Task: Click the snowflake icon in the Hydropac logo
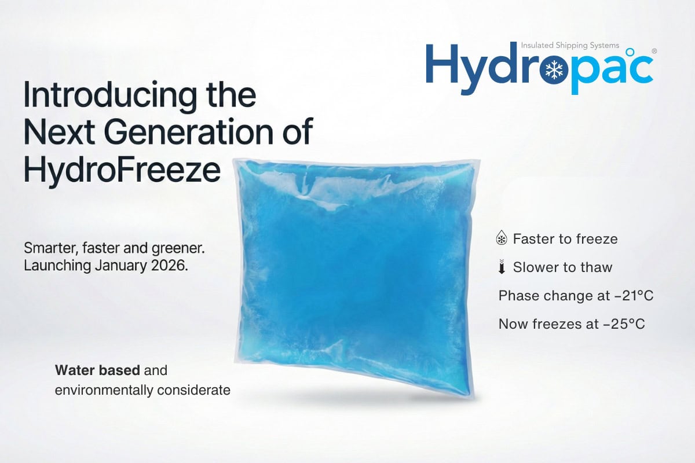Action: click(x=555, y=69)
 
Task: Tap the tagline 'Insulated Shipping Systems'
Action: click(x=570, y=45)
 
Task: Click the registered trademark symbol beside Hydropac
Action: click(x=654, y=52)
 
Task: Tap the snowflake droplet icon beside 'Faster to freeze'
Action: click(x=502, y=238)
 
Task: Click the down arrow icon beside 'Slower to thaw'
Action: click(x=502, y=267)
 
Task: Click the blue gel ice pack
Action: click(x=353, y=278)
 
